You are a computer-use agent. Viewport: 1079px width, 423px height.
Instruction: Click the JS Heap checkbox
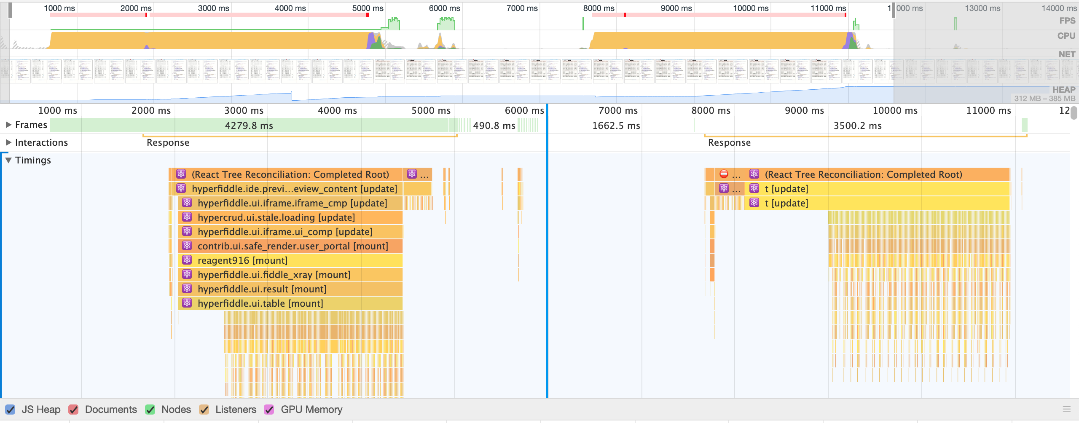tap(10, 410)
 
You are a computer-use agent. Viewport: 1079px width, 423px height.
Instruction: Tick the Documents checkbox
tap(73, 410)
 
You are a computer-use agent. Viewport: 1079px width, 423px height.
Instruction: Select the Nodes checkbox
tap(150, 410)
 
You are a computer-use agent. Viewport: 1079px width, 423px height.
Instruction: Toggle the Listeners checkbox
tap(204, 410)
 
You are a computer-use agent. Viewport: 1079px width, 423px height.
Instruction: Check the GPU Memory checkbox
tap(269, 410)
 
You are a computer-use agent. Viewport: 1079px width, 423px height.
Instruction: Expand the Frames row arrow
tap(8, 125)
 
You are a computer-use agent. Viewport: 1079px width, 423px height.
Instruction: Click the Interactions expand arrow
tap(8, 142)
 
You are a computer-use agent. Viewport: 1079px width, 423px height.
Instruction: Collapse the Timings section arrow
tap(8, 160)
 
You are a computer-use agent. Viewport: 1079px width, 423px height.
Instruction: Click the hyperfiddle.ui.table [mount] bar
tap(260, 303)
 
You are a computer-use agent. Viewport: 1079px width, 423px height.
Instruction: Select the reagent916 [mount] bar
tap(242, 260)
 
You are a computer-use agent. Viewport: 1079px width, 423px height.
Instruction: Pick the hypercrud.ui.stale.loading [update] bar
tap(276, 217)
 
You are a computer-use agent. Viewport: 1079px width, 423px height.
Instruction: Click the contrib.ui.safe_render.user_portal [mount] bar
tap(293, 246)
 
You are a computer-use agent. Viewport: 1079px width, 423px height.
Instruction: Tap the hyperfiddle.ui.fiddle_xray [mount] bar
tap(274, 275)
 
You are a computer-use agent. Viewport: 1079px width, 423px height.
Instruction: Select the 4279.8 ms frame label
tap(249, 126)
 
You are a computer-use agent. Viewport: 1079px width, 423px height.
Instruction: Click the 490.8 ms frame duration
tap(494, 126)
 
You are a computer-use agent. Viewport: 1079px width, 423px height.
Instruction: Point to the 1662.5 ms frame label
tap(616, 126)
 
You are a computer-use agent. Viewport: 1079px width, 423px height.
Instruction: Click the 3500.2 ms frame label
tap(857, 126)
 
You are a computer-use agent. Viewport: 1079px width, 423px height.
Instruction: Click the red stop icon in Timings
tap(724, 174)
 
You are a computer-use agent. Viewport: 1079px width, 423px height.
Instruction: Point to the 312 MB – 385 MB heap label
tap(1044, 99)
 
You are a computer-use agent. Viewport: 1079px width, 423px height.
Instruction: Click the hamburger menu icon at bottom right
tap(1067, 409)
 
